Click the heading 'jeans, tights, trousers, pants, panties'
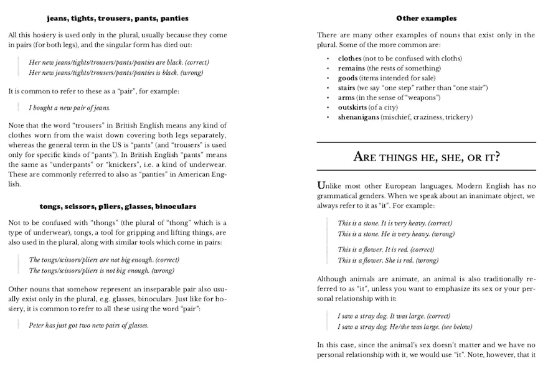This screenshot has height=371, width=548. [117, 19]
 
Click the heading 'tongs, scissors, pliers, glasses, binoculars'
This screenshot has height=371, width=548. [117, 206]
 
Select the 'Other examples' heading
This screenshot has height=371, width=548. [426, 19]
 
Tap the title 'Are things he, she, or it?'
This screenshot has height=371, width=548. [426, 157]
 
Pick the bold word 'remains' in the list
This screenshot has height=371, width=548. [351, 68]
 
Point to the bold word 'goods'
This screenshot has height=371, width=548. [347, 78]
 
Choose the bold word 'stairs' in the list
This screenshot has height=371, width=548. [347, 88]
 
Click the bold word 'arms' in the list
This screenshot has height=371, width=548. [346, 97]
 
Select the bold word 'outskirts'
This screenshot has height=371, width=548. [353, 107]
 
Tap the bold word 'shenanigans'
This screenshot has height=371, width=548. [359, 117]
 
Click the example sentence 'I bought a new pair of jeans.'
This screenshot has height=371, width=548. [65, 108]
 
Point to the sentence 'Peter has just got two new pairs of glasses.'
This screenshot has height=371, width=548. [89, 325]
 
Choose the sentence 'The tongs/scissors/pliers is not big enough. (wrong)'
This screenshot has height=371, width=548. [102, 271]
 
